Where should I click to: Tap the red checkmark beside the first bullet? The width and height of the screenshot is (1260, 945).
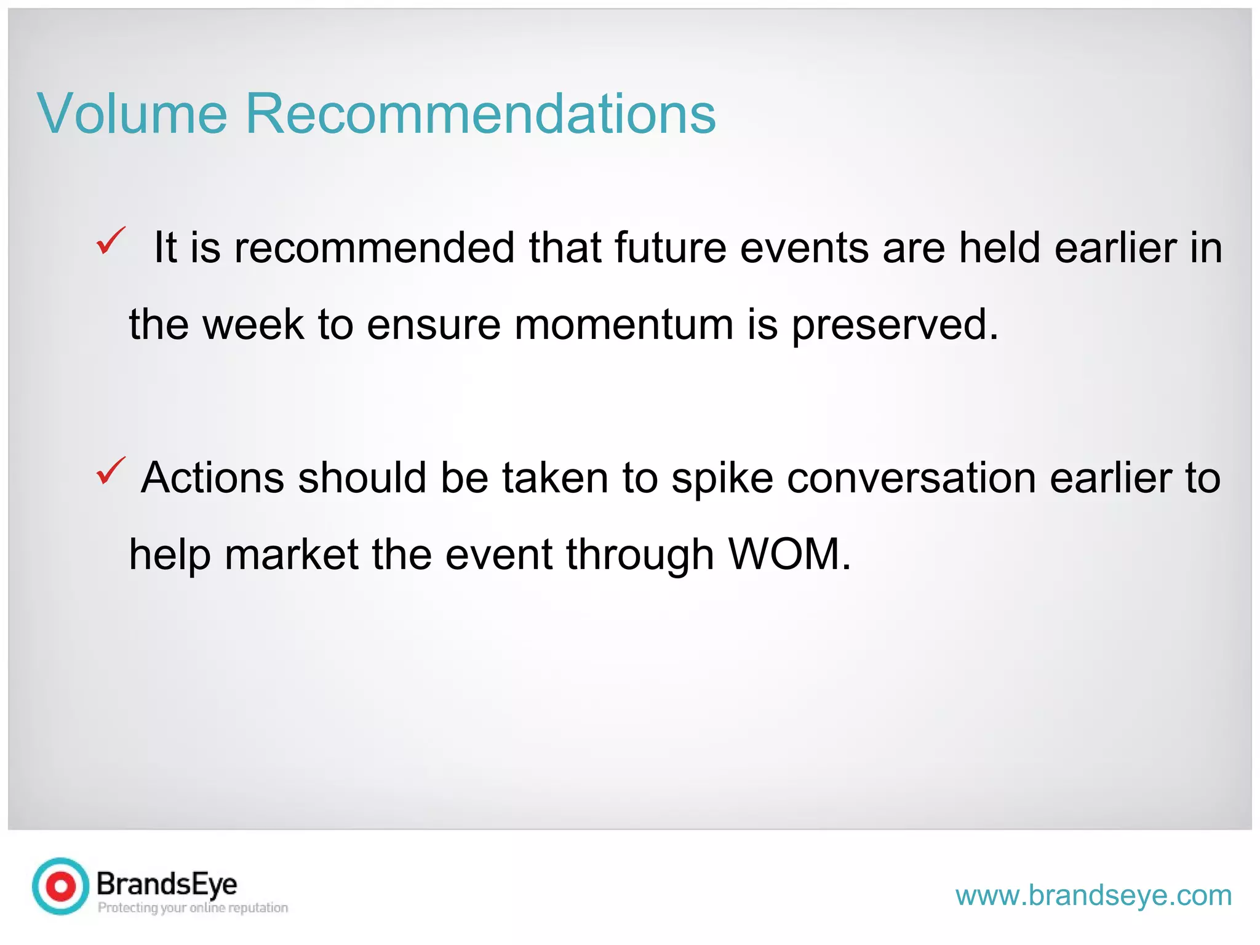pyautogui.click(x=111, y=241)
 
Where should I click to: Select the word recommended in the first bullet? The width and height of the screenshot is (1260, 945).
pyautogui.click(x=374, y=248)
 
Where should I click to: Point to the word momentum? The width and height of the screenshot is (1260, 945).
pyautogui.click(x=624, y=324)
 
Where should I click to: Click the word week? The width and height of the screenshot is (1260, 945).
pyautogui.click(x=253, y=324)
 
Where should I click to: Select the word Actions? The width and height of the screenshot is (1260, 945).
pyautogui.click(x=213, y=478)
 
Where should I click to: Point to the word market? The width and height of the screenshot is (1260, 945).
pyautogui.click(x=291, y=554)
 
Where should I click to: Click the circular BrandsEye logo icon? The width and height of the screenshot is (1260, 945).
pyautogui.click(x=60, y=887)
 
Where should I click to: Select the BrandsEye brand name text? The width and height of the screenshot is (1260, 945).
pyautogui.click(x=167, y=884)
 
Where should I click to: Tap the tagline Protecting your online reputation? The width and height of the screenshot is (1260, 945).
pyautogui.click(x=193, y=908)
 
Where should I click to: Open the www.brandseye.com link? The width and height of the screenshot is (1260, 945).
pyautogui.click(x=1093, y=895)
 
